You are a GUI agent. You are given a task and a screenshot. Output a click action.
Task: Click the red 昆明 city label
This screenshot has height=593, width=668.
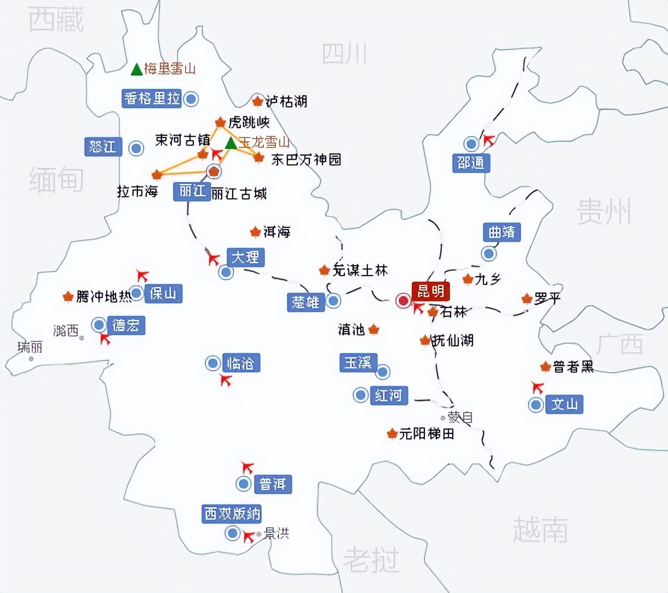tap(430, 291)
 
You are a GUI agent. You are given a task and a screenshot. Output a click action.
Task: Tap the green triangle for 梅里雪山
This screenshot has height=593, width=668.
tap(136, 69)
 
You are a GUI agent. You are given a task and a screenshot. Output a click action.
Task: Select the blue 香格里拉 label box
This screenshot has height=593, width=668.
tap(152, 99)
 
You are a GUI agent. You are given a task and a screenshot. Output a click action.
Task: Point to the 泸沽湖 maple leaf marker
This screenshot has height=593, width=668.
tap(257, 101)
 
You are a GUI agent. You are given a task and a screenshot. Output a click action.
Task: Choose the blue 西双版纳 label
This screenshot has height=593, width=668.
tap(232, 514)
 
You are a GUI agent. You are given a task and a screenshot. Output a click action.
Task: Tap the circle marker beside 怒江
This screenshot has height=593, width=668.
tap(136, 148)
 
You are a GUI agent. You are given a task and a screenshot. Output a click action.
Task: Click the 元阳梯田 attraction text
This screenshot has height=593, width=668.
tap(427, 434)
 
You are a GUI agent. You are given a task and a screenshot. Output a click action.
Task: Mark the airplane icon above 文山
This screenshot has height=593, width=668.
tap(538, 387)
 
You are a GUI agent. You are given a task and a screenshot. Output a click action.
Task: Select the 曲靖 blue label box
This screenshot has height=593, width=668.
tap(502, 232)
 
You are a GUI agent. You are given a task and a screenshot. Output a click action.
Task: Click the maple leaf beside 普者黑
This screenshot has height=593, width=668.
tap(545, 367)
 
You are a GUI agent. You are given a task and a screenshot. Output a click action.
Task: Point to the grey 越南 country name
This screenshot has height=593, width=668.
tap(540, 529)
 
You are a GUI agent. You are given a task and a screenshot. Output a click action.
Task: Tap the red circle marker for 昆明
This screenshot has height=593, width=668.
tap(404, 300)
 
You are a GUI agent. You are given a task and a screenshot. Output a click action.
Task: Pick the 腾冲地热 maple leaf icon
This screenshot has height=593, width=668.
tap(68, 297)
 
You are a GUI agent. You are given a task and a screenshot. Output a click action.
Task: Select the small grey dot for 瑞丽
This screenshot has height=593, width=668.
tap(31, 359)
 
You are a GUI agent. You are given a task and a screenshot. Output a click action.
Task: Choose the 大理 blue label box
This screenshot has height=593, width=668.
tap(245, 257)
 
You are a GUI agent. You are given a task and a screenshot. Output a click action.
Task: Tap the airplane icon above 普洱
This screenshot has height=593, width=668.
tap(247, 467)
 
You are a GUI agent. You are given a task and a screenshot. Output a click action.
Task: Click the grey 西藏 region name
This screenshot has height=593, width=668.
tap(56, 20)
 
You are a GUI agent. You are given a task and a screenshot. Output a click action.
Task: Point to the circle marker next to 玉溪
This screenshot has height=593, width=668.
tap(382, 372)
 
